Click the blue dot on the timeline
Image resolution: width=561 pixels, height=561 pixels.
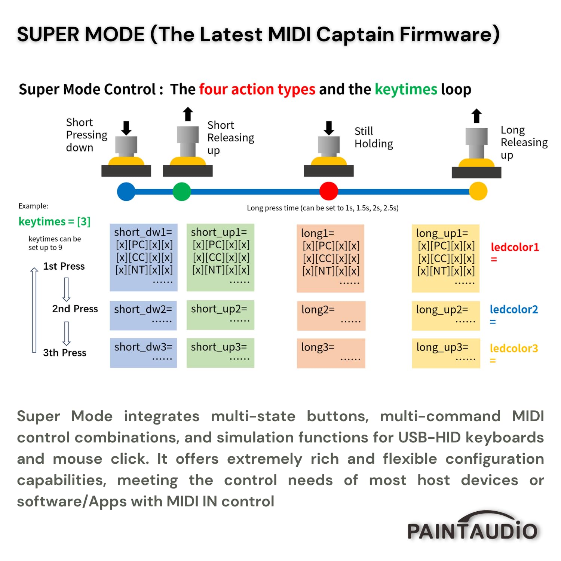click(126, 191)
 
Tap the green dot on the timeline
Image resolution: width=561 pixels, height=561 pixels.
click(182, 191)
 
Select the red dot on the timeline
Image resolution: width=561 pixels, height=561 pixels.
click(329, 191)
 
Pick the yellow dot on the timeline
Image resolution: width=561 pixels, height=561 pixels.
click(478, 191)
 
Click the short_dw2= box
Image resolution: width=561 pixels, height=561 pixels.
click(143, 315)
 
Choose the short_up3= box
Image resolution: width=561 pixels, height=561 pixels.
click(220, 353)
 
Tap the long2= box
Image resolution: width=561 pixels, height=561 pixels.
click(331, 316)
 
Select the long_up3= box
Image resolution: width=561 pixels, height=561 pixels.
click(446, 353)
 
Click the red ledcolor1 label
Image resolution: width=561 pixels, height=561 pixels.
click(515, 247)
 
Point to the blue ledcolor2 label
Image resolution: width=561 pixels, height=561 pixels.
click(514, 310)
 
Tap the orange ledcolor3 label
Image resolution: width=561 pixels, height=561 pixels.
click(514, 349)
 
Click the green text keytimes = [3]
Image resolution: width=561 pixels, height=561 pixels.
click(55, 221)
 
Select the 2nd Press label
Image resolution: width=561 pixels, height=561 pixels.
click(75, 309)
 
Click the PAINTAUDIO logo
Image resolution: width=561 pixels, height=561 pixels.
click(472, 527)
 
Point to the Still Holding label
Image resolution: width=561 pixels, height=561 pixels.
click(374, 137)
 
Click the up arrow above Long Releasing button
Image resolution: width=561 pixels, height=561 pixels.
click(476, 116)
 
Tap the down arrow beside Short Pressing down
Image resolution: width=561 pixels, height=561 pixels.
click(126, 128)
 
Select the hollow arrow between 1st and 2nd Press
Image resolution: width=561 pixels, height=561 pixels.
click(67, 289)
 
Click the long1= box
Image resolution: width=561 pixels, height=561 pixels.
click(330, 258)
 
